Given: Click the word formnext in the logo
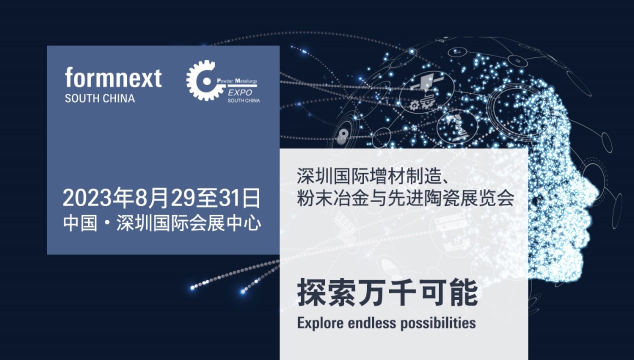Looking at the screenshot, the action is click(x=113, y=77).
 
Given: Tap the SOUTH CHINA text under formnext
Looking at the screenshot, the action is click(x=100, y=98).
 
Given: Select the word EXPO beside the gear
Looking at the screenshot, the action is click(x=240, y=92).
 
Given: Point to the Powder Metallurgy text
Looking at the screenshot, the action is click(x=237, y=81).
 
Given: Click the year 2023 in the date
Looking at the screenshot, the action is click(x=87, y=198).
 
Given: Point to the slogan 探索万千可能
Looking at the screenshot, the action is click(x=387, y=292).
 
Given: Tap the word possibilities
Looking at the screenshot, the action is click(x=438, y=323).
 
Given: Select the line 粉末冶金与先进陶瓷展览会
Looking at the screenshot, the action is click(x=405, y=197).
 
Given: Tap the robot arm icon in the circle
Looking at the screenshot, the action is click(x=457, y=126).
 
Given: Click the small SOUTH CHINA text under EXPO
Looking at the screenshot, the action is click(x=243, y=100).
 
